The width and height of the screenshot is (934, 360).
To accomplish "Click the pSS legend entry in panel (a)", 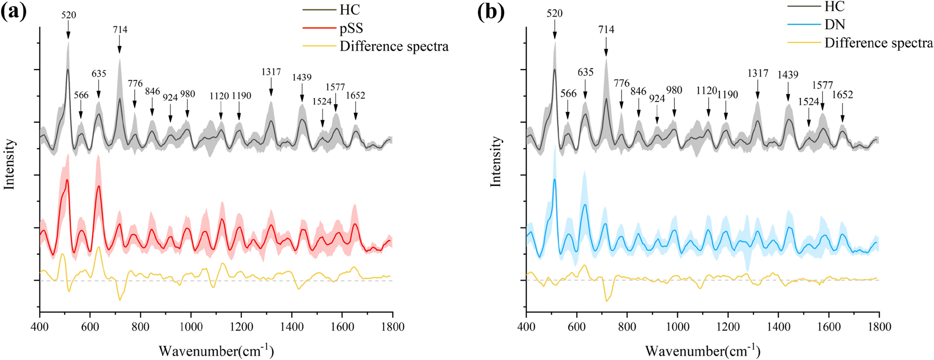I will tap(351, 28).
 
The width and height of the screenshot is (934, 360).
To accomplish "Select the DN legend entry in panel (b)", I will tap(835, 24).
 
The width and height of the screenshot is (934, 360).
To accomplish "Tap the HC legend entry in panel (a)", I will tap(349, 10).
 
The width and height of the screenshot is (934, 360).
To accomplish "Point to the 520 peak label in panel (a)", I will tap(68, 15).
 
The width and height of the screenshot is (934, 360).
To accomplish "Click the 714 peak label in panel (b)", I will tap(606, 30).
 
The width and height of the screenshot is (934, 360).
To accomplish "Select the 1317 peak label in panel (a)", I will tap(271, 72).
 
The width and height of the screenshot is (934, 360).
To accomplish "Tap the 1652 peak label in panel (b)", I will tap(842, 95).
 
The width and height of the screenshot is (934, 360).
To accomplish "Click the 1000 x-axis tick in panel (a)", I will tap(191, 327).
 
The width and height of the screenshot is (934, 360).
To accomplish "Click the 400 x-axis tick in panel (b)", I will tap(526, 327).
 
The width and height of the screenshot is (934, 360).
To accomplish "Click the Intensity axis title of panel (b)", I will tap(496, 161).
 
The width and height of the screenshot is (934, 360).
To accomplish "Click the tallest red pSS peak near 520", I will tap(67, 180).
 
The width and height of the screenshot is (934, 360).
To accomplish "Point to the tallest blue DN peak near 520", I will tap(554, 179).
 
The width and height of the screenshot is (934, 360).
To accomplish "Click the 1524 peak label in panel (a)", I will tap(322, 101).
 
